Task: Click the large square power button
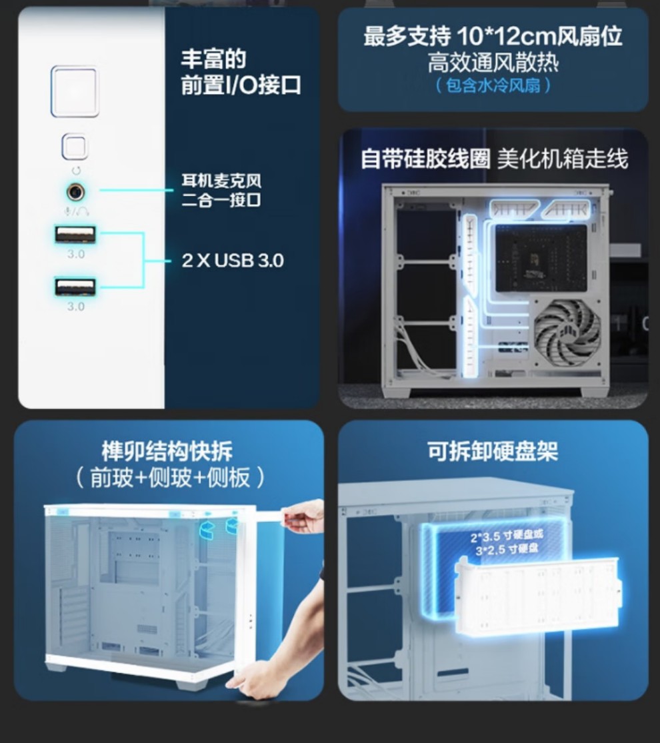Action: [75, 91]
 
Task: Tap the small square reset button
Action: [75, 147]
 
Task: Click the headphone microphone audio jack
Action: [75, 192]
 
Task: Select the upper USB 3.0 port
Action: [75, 234]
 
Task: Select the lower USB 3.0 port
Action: [75, 287]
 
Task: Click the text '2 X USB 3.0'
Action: [233, 261]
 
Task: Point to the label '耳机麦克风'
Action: [221, 181]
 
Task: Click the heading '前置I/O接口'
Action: [241, 85]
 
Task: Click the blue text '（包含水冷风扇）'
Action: [493, 85]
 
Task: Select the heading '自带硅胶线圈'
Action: [425, 159]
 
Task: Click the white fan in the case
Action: [567, 333]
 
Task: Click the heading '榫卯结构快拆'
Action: [167, 451]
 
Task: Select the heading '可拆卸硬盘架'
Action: [493, 451]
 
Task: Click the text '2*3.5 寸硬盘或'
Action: [507, 536]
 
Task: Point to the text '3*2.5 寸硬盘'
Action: [507, 549]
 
